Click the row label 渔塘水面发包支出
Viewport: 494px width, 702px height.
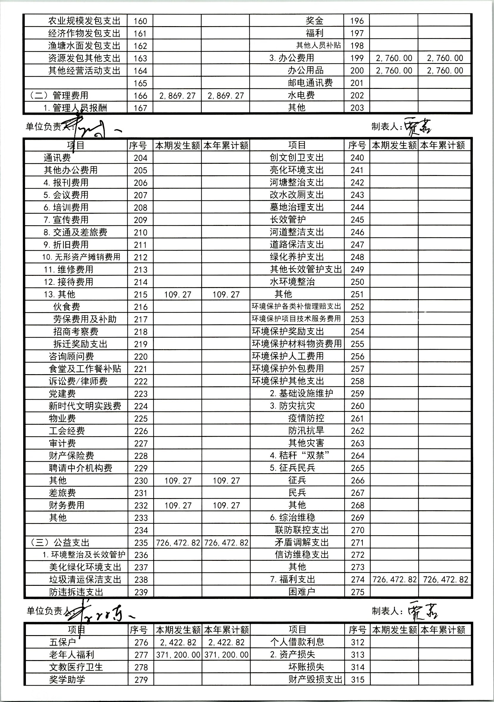click(x=84, y=46)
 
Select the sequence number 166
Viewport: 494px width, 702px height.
click(x=140, y=96)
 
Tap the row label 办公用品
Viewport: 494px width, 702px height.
click(x=305, y=70)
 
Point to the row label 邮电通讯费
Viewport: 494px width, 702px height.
click(x=310, y=83)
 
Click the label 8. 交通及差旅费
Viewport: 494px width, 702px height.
click(x=75, y=232)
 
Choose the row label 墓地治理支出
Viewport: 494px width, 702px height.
click(x=297, y=207)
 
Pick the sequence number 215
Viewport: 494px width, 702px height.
click(x=140, y=295)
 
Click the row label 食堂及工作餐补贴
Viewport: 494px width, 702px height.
click(x=85, y=369)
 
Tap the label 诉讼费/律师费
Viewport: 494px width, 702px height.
click(x=78, y=381)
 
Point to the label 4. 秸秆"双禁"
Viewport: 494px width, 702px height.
click(x=300, y=456)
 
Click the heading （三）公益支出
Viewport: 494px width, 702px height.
click(x=60, y=543)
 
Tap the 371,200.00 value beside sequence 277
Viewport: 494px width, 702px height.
click(x=178, y=655)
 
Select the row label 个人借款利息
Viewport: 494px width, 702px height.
click(x=297, y=642)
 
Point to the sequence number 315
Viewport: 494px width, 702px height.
click(x=357, y=680)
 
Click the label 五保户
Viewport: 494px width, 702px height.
click(x=62, y=642)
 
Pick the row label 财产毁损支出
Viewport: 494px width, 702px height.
click(x=315, y=680)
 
